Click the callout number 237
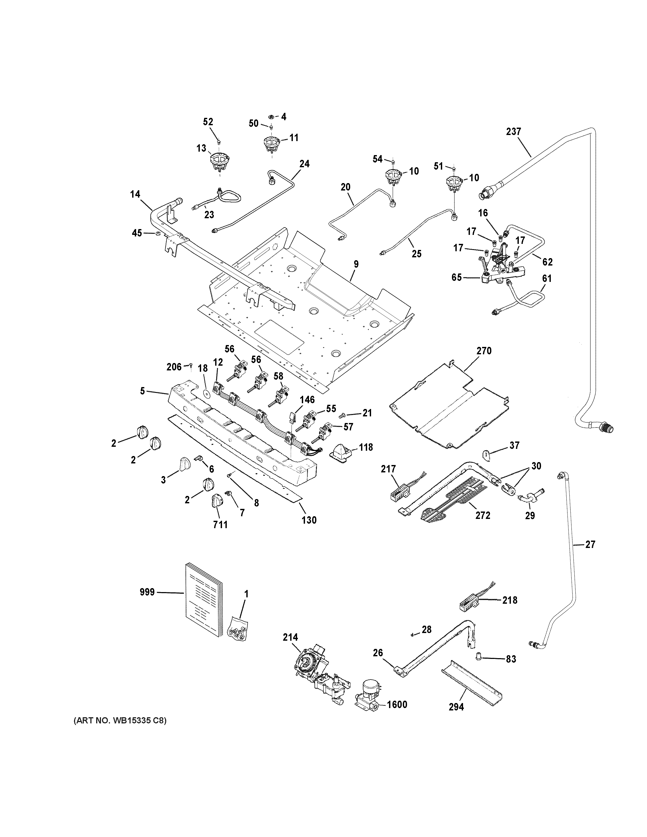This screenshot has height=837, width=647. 513,132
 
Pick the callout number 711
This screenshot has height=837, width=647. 220,525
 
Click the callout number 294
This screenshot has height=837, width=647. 456,707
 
